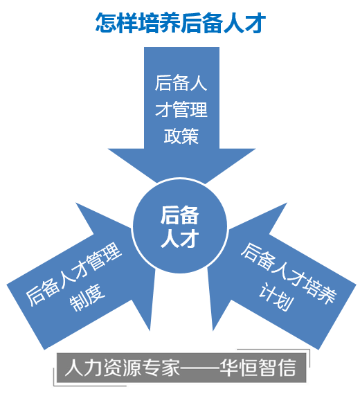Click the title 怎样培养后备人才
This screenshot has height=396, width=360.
click(x=181, y=24)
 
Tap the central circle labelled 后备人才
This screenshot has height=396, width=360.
click(x=180, y=226)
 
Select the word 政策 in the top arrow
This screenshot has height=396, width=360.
click(x=181, y=136)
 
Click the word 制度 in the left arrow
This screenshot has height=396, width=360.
click(x=87, y=298)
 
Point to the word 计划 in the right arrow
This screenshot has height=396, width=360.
click(x=276, y=297)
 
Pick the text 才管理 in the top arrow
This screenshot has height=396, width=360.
click(x=181, y=109)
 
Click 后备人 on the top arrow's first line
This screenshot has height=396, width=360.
click(x=181, y=82)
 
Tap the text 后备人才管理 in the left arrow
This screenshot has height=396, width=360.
click(x=74, y=274)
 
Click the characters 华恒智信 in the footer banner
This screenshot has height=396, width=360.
click(x=258, y=368)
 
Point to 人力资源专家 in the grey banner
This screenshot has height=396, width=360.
click(x=123, y=368)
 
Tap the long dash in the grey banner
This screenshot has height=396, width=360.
click(x=199, y=368)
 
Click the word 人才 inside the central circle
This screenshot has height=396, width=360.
click(x=180, y=238)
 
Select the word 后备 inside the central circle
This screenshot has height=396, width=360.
click(x=180, y=215)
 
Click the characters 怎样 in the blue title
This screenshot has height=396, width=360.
click(x=116, y=24)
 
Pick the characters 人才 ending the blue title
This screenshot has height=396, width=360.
click(x=244, y=24)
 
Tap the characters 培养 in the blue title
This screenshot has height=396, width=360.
click(x=159, y=24)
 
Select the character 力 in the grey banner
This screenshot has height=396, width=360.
click(x=93, y=368)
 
